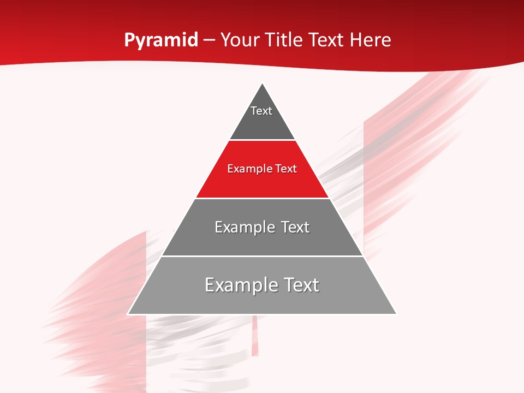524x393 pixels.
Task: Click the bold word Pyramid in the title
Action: [160, 40]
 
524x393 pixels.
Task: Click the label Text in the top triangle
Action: [261, 111]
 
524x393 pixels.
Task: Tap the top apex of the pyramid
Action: [263, 84]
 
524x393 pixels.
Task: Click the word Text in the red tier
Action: [286, 169]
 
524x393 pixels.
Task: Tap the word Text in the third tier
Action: [295, 227]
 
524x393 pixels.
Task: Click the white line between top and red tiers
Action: [262, 140]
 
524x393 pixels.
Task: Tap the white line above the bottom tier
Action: [262, 256]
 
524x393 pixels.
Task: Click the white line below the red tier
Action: [262, 198]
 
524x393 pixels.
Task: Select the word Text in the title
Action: [326, 40]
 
